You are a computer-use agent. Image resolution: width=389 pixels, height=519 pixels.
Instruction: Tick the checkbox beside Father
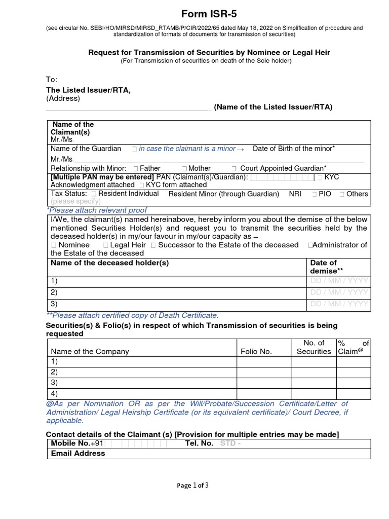pyautogui.click(x=135, y=169)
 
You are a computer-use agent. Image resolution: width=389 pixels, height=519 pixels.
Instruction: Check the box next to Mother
pyautogui.click(x=184, y=169)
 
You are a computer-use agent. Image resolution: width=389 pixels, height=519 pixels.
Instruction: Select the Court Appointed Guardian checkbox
pyautogui.click(x=234, y=169)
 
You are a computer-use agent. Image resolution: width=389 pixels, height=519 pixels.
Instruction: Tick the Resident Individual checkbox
pyautogui.click(x=94, y=194)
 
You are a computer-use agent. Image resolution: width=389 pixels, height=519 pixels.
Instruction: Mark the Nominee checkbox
pyautogui.click(x=54, y=245)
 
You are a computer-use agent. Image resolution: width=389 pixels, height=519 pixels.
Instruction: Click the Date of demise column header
pyautogui.click(x=323, y=267)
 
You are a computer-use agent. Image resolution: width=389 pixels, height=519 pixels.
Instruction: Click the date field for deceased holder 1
pyautogui.click(x=339, y=281)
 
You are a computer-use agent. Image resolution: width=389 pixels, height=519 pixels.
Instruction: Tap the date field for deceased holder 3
pyautogui.click(x=339, y=304)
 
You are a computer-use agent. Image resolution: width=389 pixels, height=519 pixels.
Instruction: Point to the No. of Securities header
pyautogui.click(x=314, y=347)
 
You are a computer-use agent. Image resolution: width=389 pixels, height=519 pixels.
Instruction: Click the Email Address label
pyautogui.click(x=78, y=454)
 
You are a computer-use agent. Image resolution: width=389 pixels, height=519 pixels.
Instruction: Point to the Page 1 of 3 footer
pyautogui.click(x=192, y=485)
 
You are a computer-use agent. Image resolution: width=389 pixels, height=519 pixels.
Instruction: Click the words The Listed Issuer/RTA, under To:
pyautogui.click(x=88, y=90)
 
